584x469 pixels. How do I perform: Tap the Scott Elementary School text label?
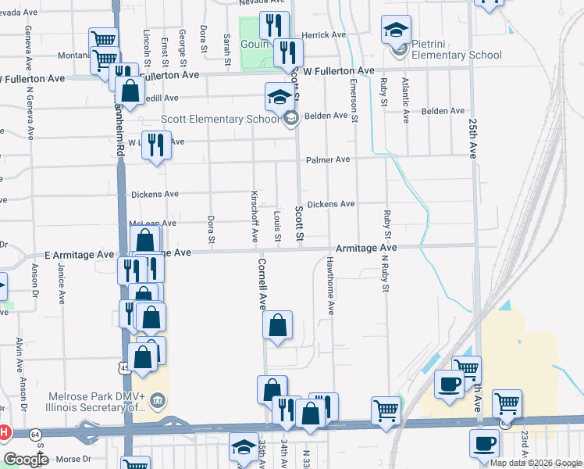point(219,120)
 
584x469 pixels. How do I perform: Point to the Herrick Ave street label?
point(324,35)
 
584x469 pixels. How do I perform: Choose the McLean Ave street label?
point(153,224)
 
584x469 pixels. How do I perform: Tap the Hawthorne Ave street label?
point(331,285)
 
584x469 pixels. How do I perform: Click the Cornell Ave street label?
point(262,285)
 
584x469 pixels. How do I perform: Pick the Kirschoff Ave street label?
point(255,216)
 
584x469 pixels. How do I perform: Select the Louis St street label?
point(277,225)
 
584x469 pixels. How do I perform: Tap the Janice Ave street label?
point(61,282)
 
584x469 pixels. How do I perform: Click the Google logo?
point(26,459)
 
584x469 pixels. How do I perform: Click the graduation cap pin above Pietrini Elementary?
point(396,30)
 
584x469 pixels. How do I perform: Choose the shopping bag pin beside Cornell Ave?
point(277,326)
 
